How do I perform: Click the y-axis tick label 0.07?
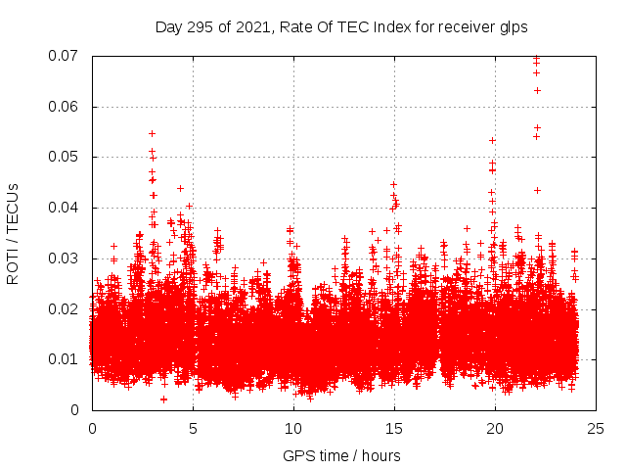(x=64, y=56)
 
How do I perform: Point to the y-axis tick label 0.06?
(x=64, y=107)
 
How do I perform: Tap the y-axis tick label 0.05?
(x=64, y=157)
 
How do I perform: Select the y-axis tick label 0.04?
(x=64, y=208)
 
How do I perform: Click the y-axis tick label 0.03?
(x=64, y=258)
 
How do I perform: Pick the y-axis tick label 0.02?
(x=64, y=309)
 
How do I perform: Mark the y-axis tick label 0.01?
(x=64, y=359)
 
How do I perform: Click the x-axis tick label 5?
(x=193, y=429)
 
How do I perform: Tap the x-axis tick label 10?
(x=293, y=429)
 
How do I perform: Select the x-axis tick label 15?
(x=394, y=429)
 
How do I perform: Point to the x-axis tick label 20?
(x=495, y=429)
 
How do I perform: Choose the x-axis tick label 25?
(x=596, y=429)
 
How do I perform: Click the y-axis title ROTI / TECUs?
(x=13, y=233)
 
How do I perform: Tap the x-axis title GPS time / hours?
(x=341, y=455)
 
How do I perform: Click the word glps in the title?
(x=513, y=27)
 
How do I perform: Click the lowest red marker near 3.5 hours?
(x=163, y=399)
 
